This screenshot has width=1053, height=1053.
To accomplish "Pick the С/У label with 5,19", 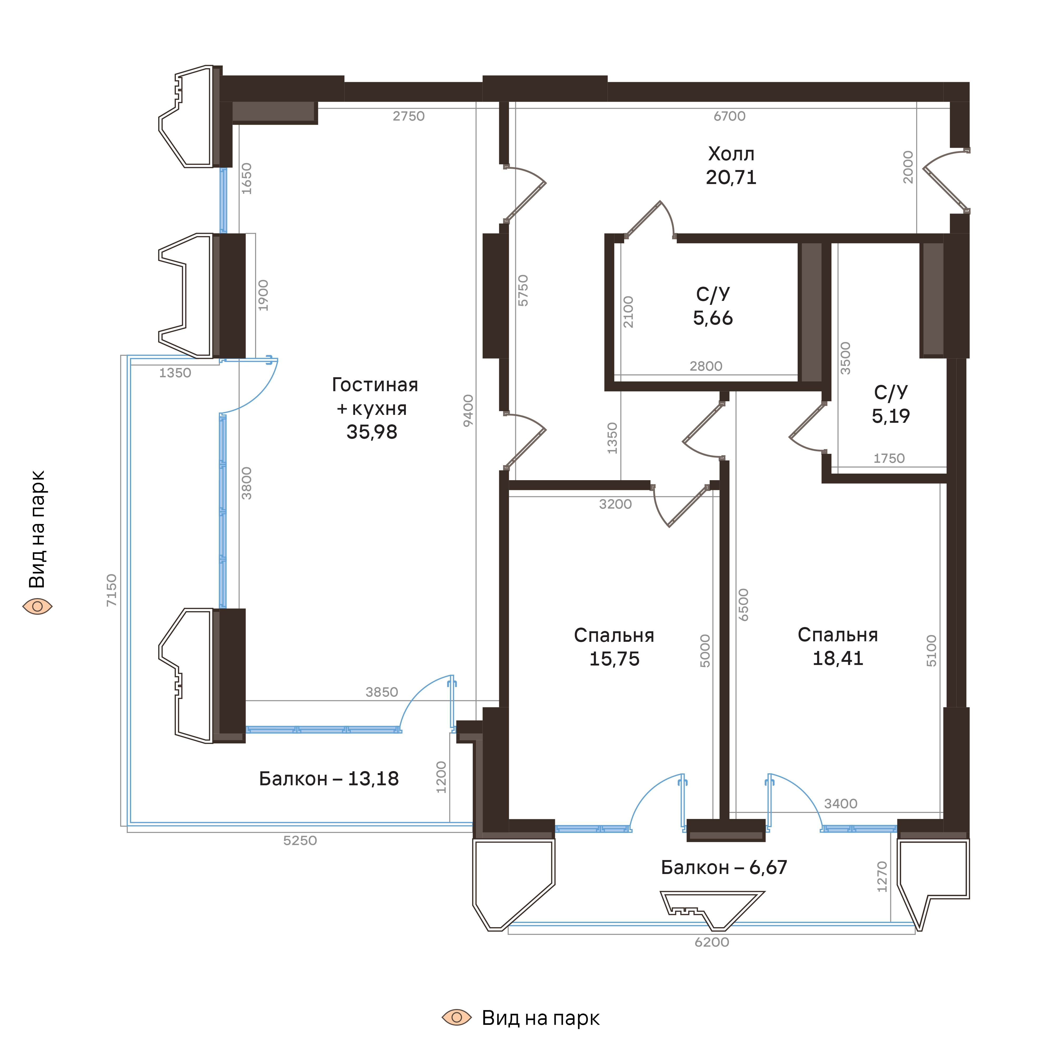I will click(x=891, y=393).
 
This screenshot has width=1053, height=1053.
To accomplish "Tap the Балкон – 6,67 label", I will click(x=724, y=867).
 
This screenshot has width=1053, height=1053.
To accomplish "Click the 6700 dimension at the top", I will click(x=729, y=116).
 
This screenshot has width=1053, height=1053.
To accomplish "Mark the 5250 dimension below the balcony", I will click(x=300, y=841).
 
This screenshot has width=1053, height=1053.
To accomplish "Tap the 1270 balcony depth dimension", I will click(x=882, y=876).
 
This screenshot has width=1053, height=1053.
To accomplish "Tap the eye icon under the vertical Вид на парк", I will click(x=37, y=606).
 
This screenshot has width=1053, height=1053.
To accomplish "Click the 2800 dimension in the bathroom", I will click(x=706, y=366).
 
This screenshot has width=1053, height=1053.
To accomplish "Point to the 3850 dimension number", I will click(x=381, y=692).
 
